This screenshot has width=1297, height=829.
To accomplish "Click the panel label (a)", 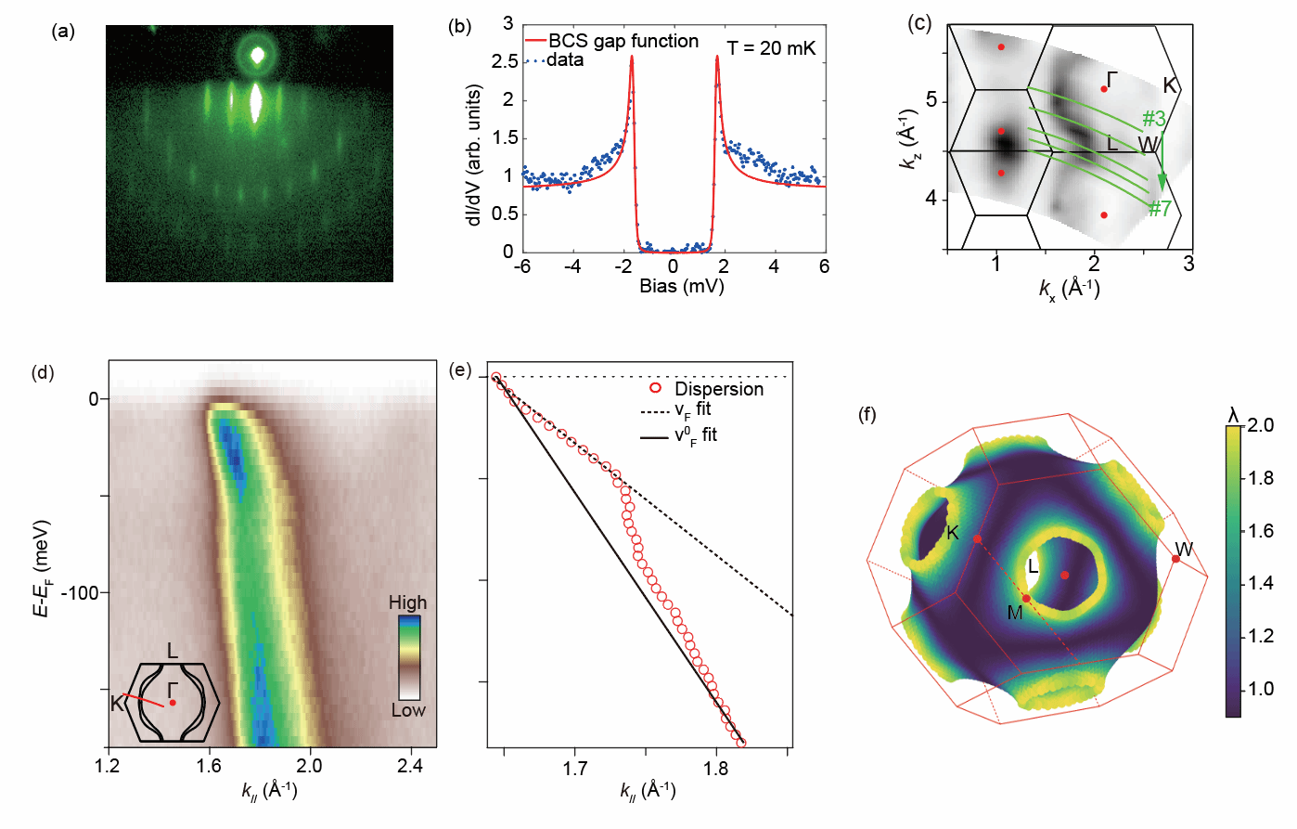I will coord(64,31).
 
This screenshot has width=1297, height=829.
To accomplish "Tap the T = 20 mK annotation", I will coord(771,48).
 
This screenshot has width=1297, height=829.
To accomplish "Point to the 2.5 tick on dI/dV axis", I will coord(505,61).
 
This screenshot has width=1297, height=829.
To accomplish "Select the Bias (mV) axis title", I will coord(681,287).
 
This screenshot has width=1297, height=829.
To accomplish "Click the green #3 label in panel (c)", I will coord(1153,119).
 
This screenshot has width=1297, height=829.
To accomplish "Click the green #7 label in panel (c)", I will coord(1159,209).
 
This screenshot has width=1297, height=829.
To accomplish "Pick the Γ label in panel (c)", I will coord(1111,80).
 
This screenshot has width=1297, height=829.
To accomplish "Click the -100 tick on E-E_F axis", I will coord(81,592).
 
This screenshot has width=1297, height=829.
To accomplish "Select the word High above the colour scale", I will coord(407,602).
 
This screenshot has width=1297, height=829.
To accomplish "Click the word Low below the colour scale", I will coord(407,710).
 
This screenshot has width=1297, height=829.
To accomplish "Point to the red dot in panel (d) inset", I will coord(173,703).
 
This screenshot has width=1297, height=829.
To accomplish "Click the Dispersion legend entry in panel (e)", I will coord(718,389).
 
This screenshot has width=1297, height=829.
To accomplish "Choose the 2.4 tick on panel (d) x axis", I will coord(410,766).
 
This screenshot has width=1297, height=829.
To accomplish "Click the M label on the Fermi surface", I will coord(1015,613).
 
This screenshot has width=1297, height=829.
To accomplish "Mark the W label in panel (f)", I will coord(1184,550).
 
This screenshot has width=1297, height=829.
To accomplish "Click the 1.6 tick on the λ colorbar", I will coord(1261,531).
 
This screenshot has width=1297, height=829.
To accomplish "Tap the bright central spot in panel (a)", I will coord(257,56).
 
